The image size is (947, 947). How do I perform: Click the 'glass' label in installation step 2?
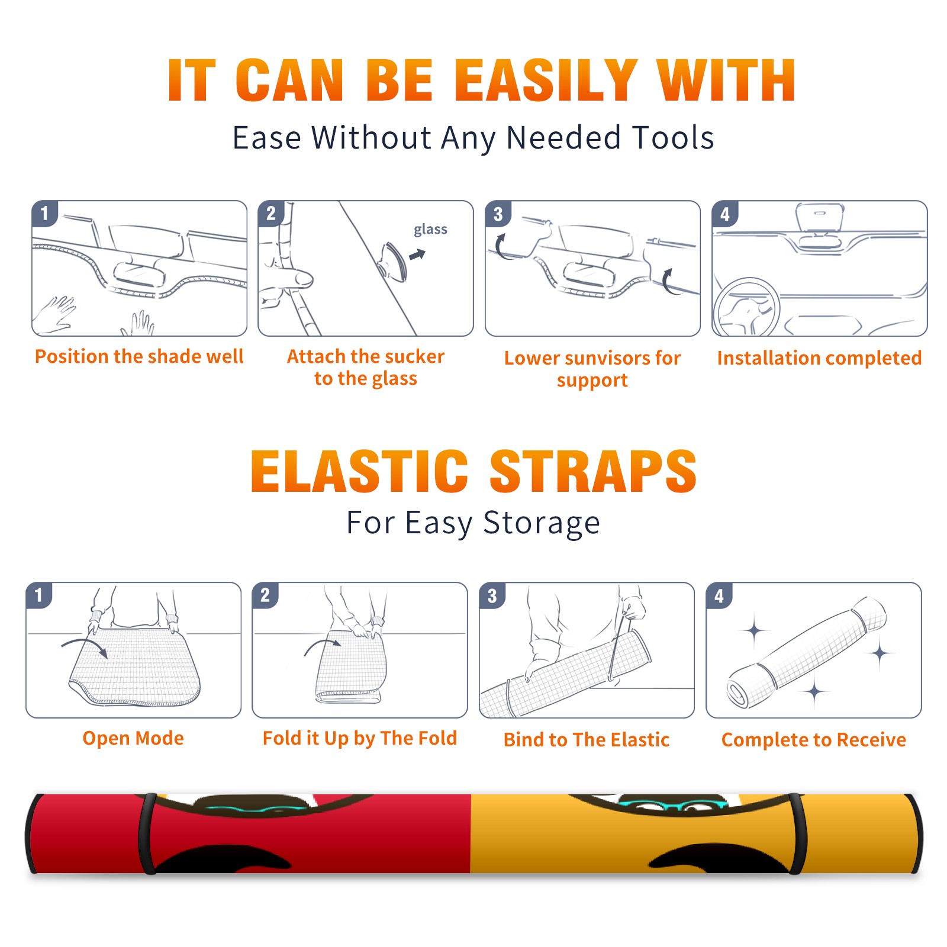click(x=430, y=230)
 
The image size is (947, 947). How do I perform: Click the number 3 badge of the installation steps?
click(x=498, y=214)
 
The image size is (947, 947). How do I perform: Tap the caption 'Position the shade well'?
click(x=139, y=356)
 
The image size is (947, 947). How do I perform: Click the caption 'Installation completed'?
click(x=819, y=357)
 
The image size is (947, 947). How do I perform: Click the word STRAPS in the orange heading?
click(x=593, y=471)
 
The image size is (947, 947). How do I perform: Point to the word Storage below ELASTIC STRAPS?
click(x=542, y=523)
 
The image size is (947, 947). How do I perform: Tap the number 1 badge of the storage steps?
click(x=39, y=595)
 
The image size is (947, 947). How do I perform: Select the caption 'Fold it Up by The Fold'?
click(x=360, y=738)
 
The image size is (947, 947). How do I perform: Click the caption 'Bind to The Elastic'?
click(x=587, y=740)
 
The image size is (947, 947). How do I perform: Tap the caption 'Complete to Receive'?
click(x=814, y=740)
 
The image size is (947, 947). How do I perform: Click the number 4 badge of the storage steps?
click(x=719, y=595)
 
